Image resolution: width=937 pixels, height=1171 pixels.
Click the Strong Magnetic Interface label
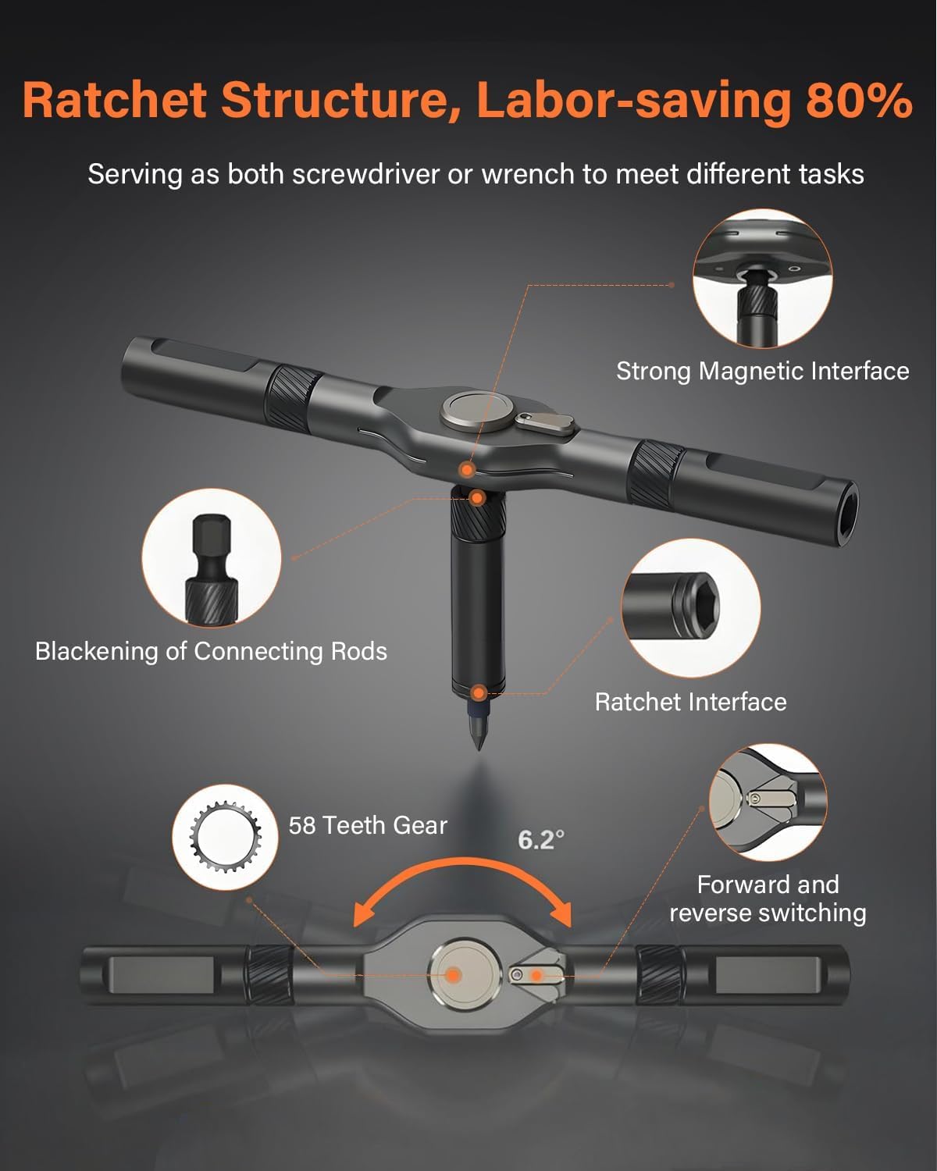click(x=762, y=371)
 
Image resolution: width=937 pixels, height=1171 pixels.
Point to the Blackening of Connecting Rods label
click(x=211, y=651)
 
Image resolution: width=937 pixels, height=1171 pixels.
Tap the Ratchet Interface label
click(x=690, y=702)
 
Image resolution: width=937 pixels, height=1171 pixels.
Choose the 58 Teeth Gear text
click(x=368, y=825)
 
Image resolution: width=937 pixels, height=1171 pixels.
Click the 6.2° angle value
click(x=540, y=840)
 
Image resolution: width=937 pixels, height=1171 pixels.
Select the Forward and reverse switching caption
click(x=768, y=899)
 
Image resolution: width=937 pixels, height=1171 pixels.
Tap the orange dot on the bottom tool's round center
click(x=453, y=974)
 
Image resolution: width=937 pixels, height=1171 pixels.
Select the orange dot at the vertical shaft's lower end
click(x=479, y=692)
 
